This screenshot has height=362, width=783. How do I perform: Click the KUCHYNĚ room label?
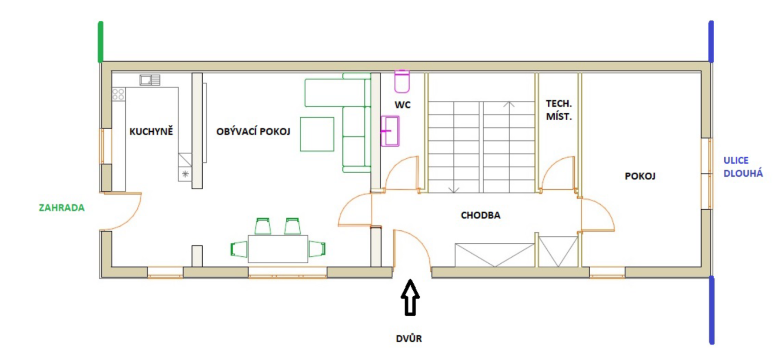151,131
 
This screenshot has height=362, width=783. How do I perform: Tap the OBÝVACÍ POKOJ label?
253,131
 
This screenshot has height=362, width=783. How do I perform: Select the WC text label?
402,105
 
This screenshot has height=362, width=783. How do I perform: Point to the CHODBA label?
480,215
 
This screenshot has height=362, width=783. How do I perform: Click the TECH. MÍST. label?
559,110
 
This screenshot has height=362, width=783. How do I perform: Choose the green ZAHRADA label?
62,208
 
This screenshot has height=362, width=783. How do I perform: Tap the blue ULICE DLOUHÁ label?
743,167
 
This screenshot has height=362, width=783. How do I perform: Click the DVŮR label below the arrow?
409,339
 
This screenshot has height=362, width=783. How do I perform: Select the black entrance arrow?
410,298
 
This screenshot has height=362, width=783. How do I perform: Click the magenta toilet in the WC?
402,82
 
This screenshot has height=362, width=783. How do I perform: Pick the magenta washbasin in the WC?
390,131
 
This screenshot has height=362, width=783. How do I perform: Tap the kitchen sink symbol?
150,80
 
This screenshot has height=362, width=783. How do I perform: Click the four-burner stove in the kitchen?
118,94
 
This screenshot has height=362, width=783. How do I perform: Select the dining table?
278,249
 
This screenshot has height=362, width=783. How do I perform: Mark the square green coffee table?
317,134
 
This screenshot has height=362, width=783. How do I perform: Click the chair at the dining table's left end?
239,249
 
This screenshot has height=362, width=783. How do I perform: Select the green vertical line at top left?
100,41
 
